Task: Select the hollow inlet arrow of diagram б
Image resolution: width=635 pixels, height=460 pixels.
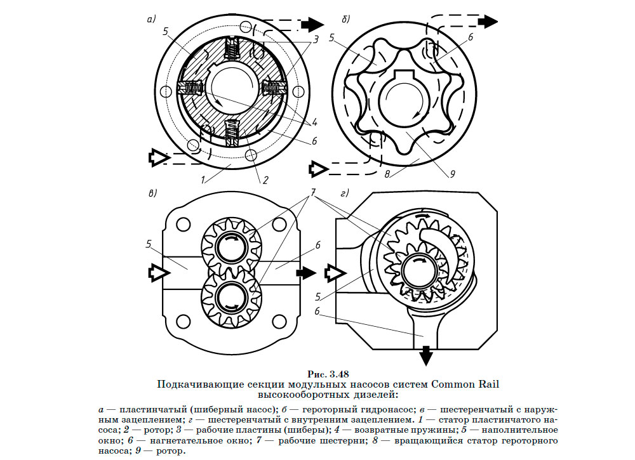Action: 317,169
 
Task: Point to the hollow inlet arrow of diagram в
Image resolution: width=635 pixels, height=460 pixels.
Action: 156,272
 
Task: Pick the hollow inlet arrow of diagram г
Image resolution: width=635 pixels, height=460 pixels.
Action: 334,273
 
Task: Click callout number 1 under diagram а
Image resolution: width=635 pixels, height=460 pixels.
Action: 203,180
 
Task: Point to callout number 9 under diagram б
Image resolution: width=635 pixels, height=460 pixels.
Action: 453,173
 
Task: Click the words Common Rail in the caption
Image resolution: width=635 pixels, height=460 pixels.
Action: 462,383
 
